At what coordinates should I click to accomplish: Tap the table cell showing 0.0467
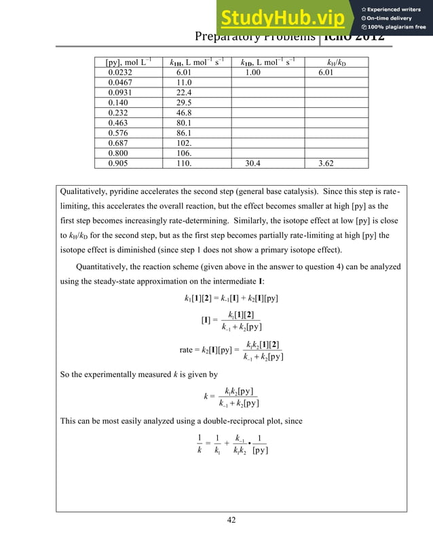click(x=113, y=82)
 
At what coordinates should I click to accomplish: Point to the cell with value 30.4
click(x=255, y=163)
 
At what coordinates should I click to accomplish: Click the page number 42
click(x=231, y=520)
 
